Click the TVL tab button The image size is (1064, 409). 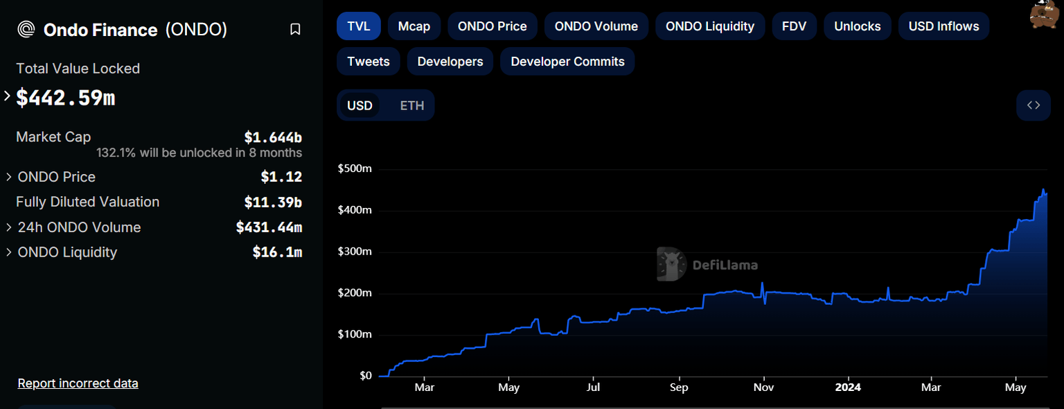pyautogui.click(x=358, y=26)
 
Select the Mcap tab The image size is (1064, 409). pyautogui.click(x=414, y=26)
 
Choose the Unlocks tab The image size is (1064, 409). pyautogui.click(x=857, y=26)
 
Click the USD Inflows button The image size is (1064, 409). pyautogui.click(x=943, y=26)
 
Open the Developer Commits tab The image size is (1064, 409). pyautogui.click(x=567, y=62)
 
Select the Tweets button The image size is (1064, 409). pyautogui.click(x=368, y=62)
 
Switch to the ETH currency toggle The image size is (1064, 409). pyautogui.click(x=411, y=106)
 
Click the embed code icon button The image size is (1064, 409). pyautogui.click(x=1033, y=105)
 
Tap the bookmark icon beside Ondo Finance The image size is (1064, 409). pyautogui.click(x=295, y=30)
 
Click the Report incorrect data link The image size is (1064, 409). pyautogui.click(x=78, y=383)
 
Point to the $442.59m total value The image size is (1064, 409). pyautogui.click(x=66, y=98)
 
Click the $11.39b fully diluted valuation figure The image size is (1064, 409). pyautogui.click(x=273, y=202)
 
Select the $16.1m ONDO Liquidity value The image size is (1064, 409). pyautogui.click(x=277, y=252)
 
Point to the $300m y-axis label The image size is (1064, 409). pyautogui.click(x=355, y=252)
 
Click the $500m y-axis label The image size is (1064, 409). pyautogui.click(x=355, y=168)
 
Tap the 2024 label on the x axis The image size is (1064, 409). pyautogui.click(x=847, y=387)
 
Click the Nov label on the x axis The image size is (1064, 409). pyautogui.click(x=763, y=387)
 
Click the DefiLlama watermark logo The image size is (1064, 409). pyautogui.click(x=707, y=265)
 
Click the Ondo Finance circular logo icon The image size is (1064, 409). pyautogui.click(x=26, y=30)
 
